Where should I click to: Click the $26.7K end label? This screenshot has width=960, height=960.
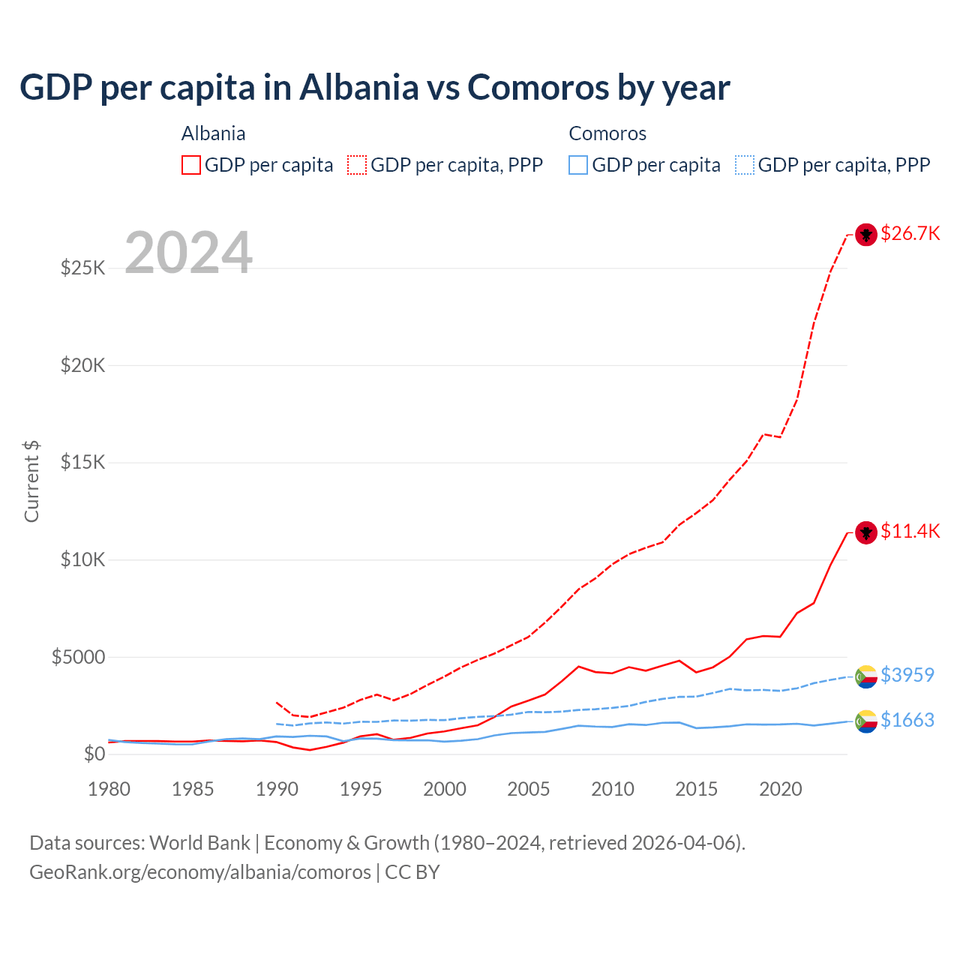tap(910, 234)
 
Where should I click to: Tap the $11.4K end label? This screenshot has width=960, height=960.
tap(910, 532)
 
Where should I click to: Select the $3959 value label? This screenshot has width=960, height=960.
tap(907, 675)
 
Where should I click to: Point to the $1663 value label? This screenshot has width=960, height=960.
tap(907, 720)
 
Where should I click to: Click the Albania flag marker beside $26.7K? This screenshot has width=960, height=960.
tap(866, 235)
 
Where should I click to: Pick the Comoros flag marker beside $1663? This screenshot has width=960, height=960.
tap(866, 721)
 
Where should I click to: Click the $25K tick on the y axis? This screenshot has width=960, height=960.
tap(82, 268)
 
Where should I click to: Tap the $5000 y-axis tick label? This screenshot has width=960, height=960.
tap(78, 657)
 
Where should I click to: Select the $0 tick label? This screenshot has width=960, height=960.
tap(94, 754)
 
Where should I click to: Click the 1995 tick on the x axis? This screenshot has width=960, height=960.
tap(361, 789)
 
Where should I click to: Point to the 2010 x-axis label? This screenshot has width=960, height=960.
tap(613, 789)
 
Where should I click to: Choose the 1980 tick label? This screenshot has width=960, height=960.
tap(109, 789)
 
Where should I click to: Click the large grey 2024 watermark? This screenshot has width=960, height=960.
tap(188, 253)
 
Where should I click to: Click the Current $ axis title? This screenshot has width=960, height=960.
tap(31, 481)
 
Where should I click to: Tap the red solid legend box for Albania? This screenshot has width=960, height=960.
tap(191, 165)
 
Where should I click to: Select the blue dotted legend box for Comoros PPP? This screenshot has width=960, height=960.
tap(745, 165)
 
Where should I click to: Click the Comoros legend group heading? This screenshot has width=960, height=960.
tap(607, 133)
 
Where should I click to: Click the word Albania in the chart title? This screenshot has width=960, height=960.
tap(358, 87)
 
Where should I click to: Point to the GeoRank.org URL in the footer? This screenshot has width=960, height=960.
tap(200, 872)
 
